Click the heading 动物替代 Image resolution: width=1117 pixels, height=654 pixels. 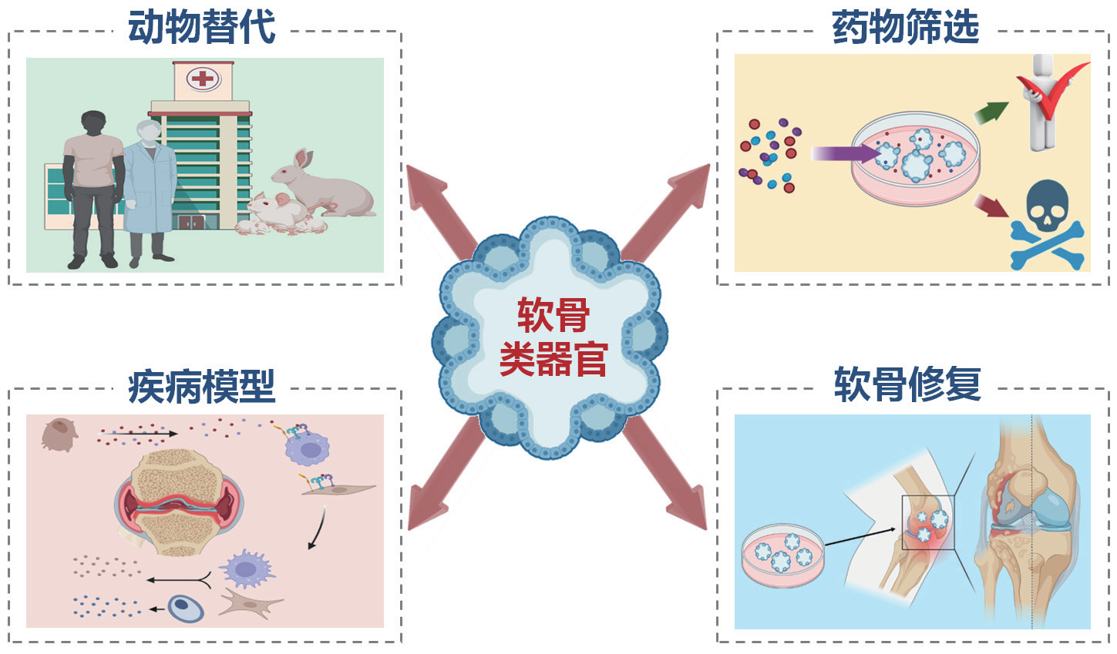click(x=202, y=28)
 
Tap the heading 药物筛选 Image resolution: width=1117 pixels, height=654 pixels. click(x=905, y=28)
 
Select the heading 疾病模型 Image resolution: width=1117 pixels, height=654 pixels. click(x=202, y=386)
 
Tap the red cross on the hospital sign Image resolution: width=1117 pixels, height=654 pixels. click(x=203, y=78)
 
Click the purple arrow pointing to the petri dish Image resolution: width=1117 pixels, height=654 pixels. click(x=845, y=153)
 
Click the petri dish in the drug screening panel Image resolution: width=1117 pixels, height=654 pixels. click(x=916, y=159)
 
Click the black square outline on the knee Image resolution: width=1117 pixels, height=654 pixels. click(x=928, y=522)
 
